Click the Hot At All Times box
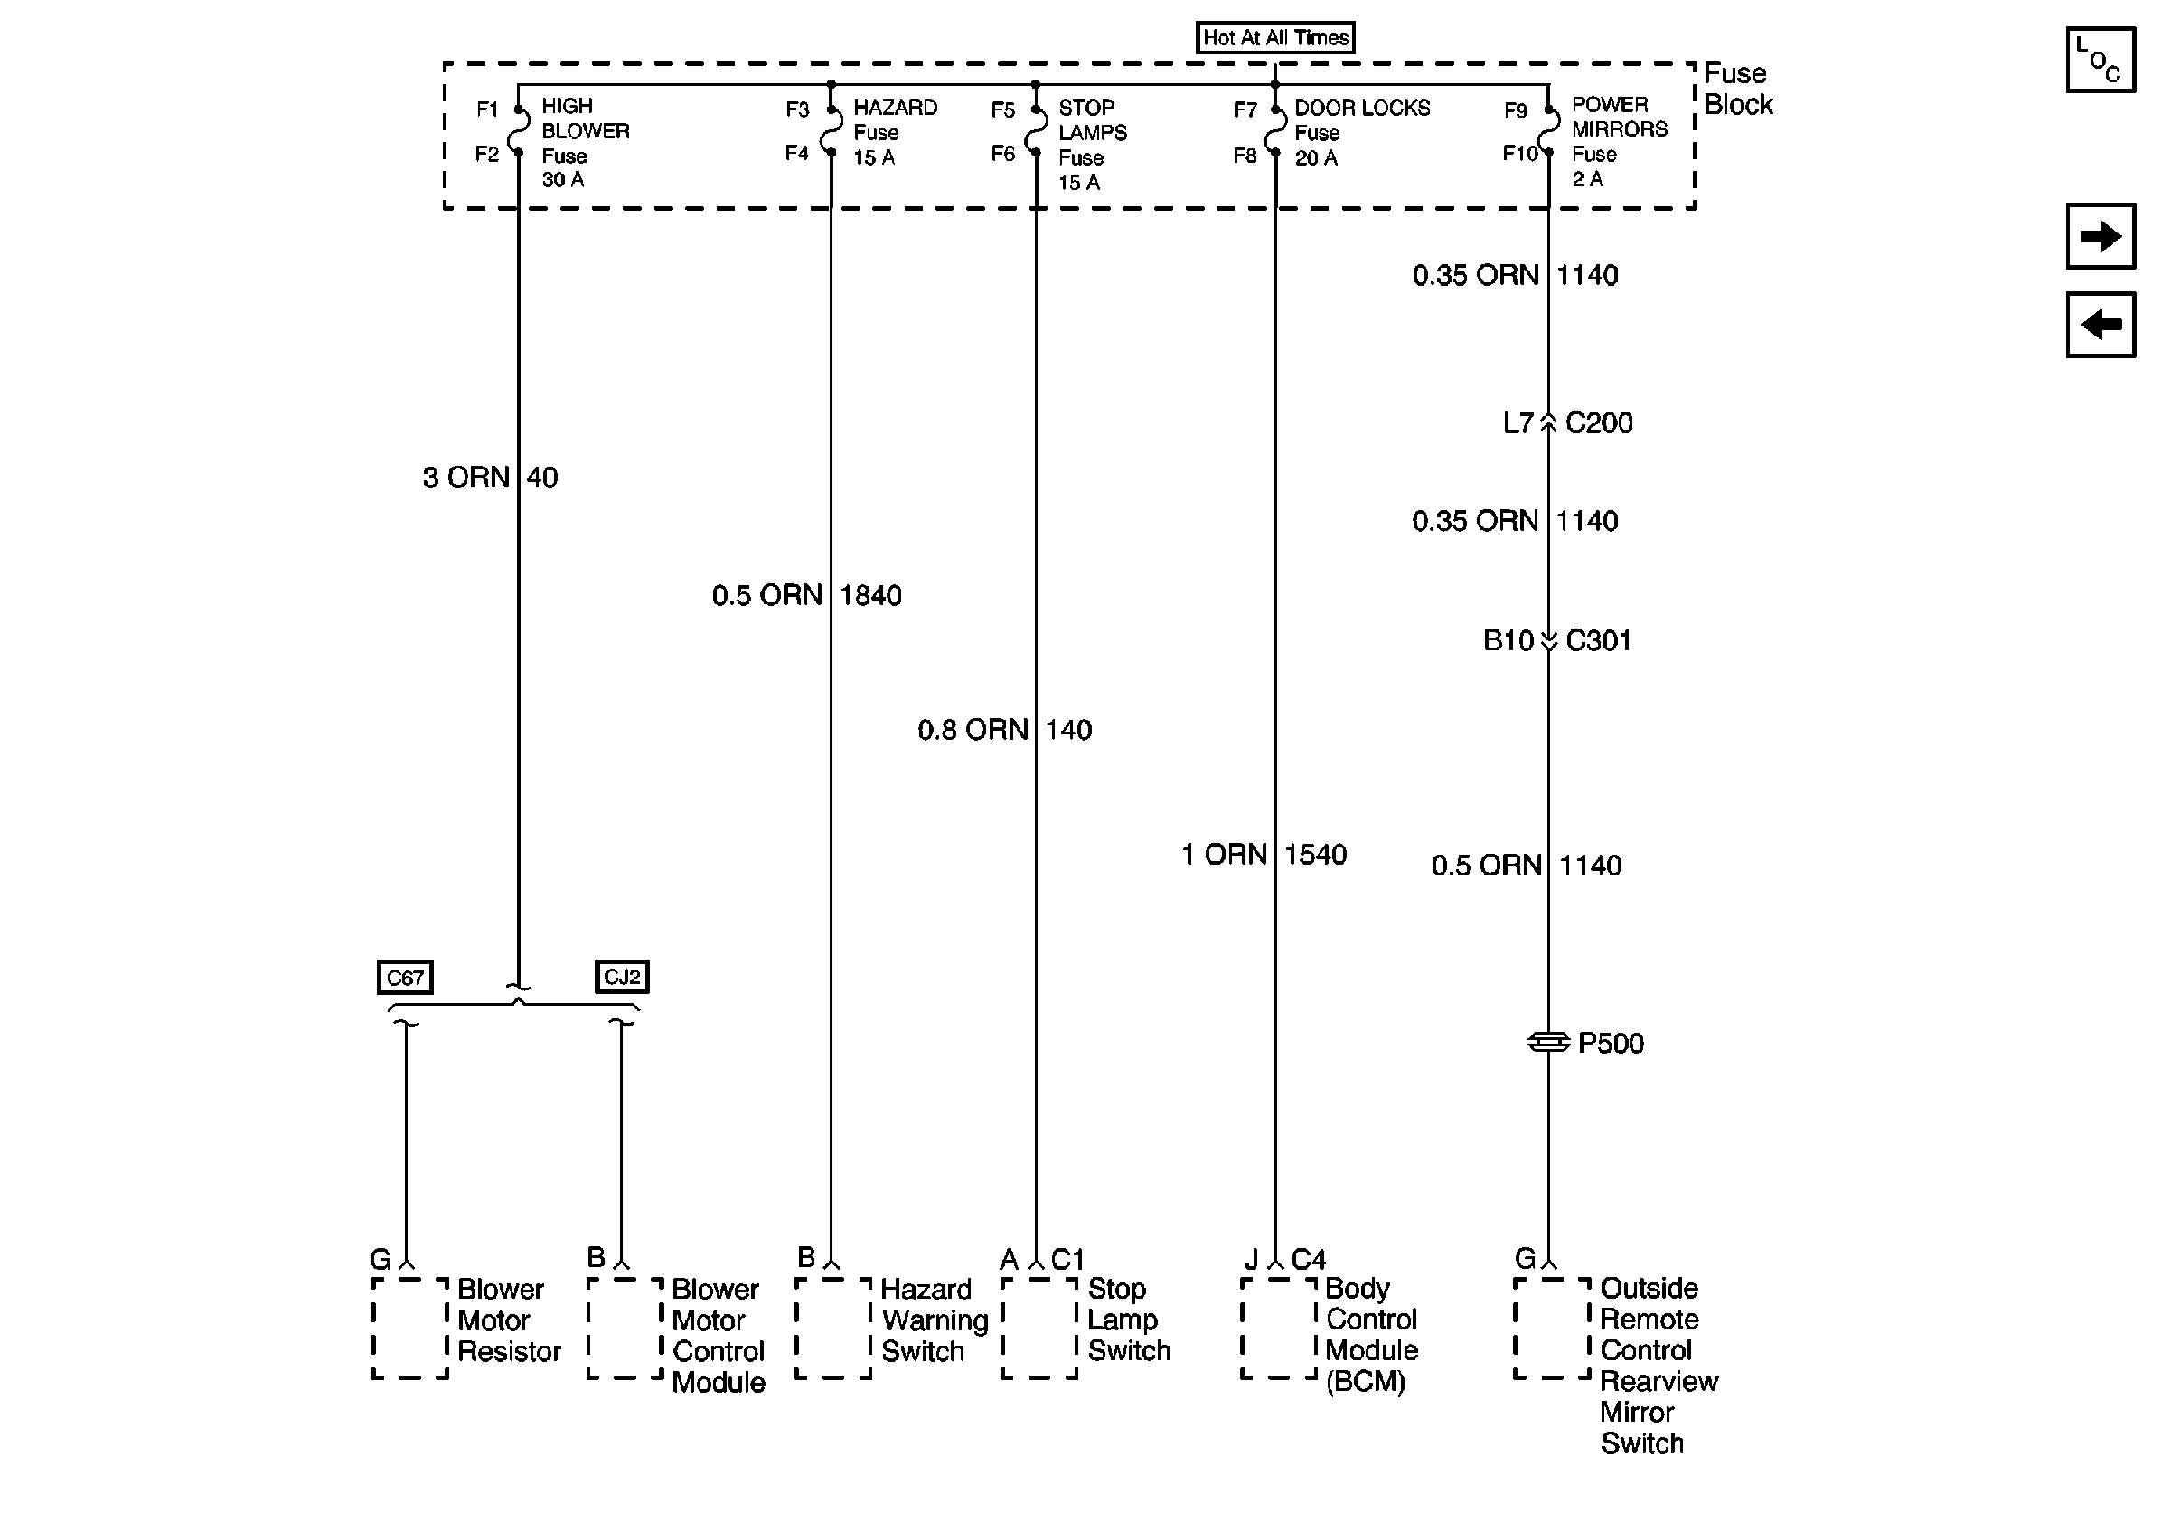click(1274, 38)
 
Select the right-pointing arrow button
click(2101, 236)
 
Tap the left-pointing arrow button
click(2101, 325)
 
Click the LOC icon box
click(2101, 60)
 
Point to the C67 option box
click(405, 977)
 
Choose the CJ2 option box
click(621, 976)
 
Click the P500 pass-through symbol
click(1548, 1042)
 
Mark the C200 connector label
click(1598, 423)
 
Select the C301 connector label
click(1598, 640)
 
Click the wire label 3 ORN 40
click(490, 478)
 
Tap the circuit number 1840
click(869, 596)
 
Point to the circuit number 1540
click(1314, 856)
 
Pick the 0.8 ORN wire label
click(972, 730)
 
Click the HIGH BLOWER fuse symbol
click(519, 130)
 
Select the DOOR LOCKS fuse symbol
click(1275, 130)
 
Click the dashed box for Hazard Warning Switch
click(833, 1329)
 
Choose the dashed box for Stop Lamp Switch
click(1039, 1329)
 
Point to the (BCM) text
click(1366, 1382)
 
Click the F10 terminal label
click(1519, 153)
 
